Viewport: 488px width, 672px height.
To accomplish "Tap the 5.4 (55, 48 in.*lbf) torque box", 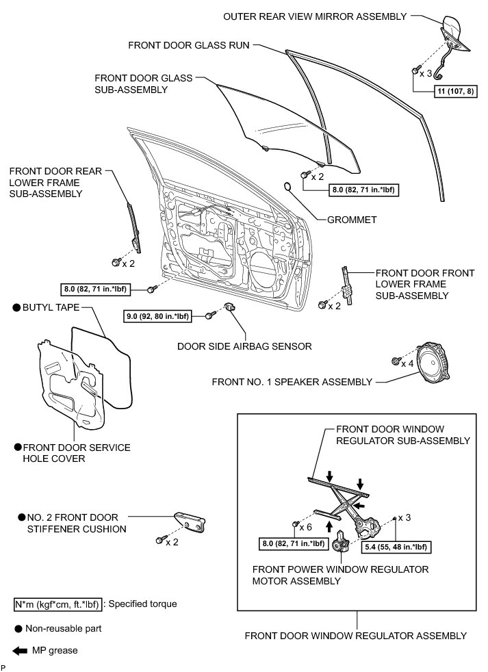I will coord(398,547).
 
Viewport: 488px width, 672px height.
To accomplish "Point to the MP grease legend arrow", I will coord(18,649).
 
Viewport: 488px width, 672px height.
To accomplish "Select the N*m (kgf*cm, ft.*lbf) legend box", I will coord(57,604).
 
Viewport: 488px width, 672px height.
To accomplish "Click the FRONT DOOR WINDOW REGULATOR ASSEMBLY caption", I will coord(355,635).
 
